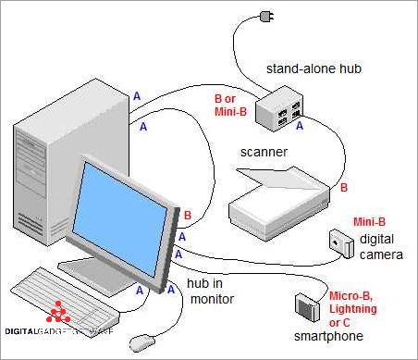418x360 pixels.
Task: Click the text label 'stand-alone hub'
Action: click(x=312, y=68)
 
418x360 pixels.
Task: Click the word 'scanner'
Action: click(x=264, y=153)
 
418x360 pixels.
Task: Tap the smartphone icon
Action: click(x=306, y=306)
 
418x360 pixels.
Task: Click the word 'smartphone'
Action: click(x=327, y=335)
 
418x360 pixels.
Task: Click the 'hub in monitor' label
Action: click(x=211, y=292)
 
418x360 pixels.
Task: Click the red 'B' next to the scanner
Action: click(x=345, y=188)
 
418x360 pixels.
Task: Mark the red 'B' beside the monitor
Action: click(x=187, y=217)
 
